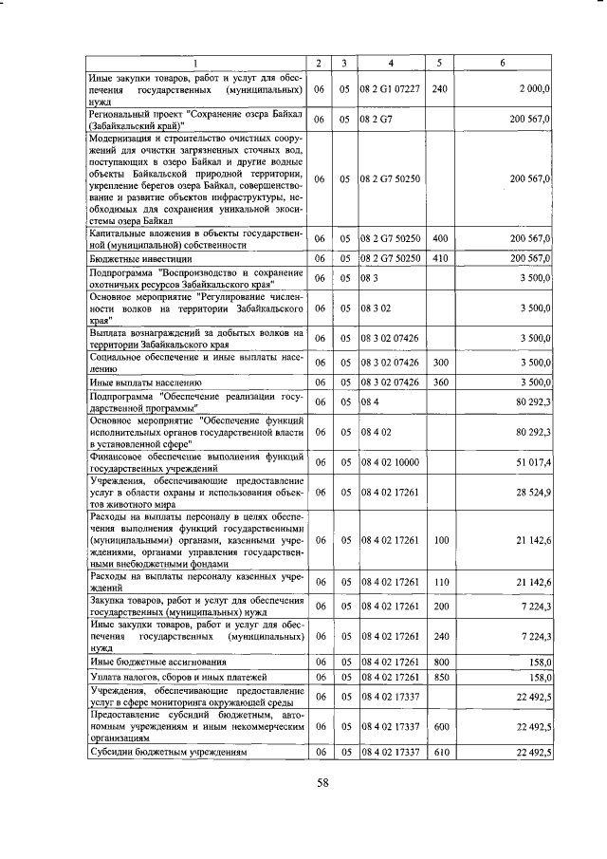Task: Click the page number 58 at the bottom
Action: [x=322, y=784]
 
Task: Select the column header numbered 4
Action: [x=392, y=63]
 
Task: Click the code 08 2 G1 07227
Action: [x=391, y=88]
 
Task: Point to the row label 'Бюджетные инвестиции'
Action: [x=141, y=258]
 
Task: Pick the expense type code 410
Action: [x=439, y=258]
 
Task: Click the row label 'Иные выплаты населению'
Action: [x=141, y=383]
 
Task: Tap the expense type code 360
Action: [x=439, y=383]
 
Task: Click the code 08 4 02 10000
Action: [x=391, y=462]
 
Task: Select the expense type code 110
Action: [x=439, y=581]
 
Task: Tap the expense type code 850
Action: [x=439, y=678]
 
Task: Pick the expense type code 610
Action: [x=439, y=752]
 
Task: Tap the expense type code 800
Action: [x=439, y=662]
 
